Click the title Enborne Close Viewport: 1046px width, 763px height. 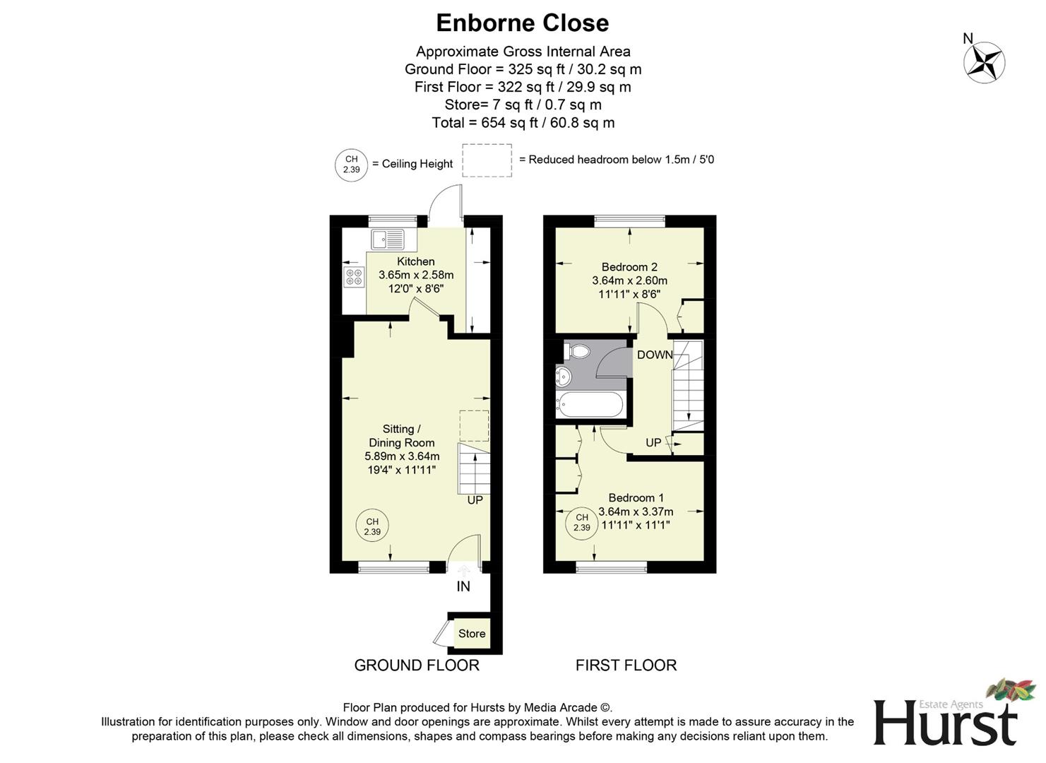[x=522, y=23]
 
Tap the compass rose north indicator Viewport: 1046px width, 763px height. [x=984, y=61]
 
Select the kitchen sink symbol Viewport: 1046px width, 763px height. [x=388, y=239]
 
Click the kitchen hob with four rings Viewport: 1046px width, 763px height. [x=354, y=276]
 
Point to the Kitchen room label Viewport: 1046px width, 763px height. [x=415, y=261]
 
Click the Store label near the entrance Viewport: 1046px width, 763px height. [x=471, y=634]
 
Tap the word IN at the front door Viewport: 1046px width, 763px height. [x=463, y=586]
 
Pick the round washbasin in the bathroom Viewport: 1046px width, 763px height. [x=564, y=376]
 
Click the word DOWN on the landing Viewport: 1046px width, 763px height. [x=655, y=355]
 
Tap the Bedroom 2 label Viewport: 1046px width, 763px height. [x=629, y=267]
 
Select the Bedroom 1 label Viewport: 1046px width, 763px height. [x=636, y=498]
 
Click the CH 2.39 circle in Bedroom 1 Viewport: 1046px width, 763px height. [x=581, y=523]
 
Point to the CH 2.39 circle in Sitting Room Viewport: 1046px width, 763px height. [x=372, y=527]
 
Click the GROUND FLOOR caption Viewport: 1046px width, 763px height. [x=417, y=666]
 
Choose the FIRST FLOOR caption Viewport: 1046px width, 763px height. [x=626, y=666]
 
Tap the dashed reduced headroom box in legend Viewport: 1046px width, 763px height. [x=487, y=160]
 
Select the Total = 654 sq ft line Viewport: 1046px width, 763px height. [x=523, y=123]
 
